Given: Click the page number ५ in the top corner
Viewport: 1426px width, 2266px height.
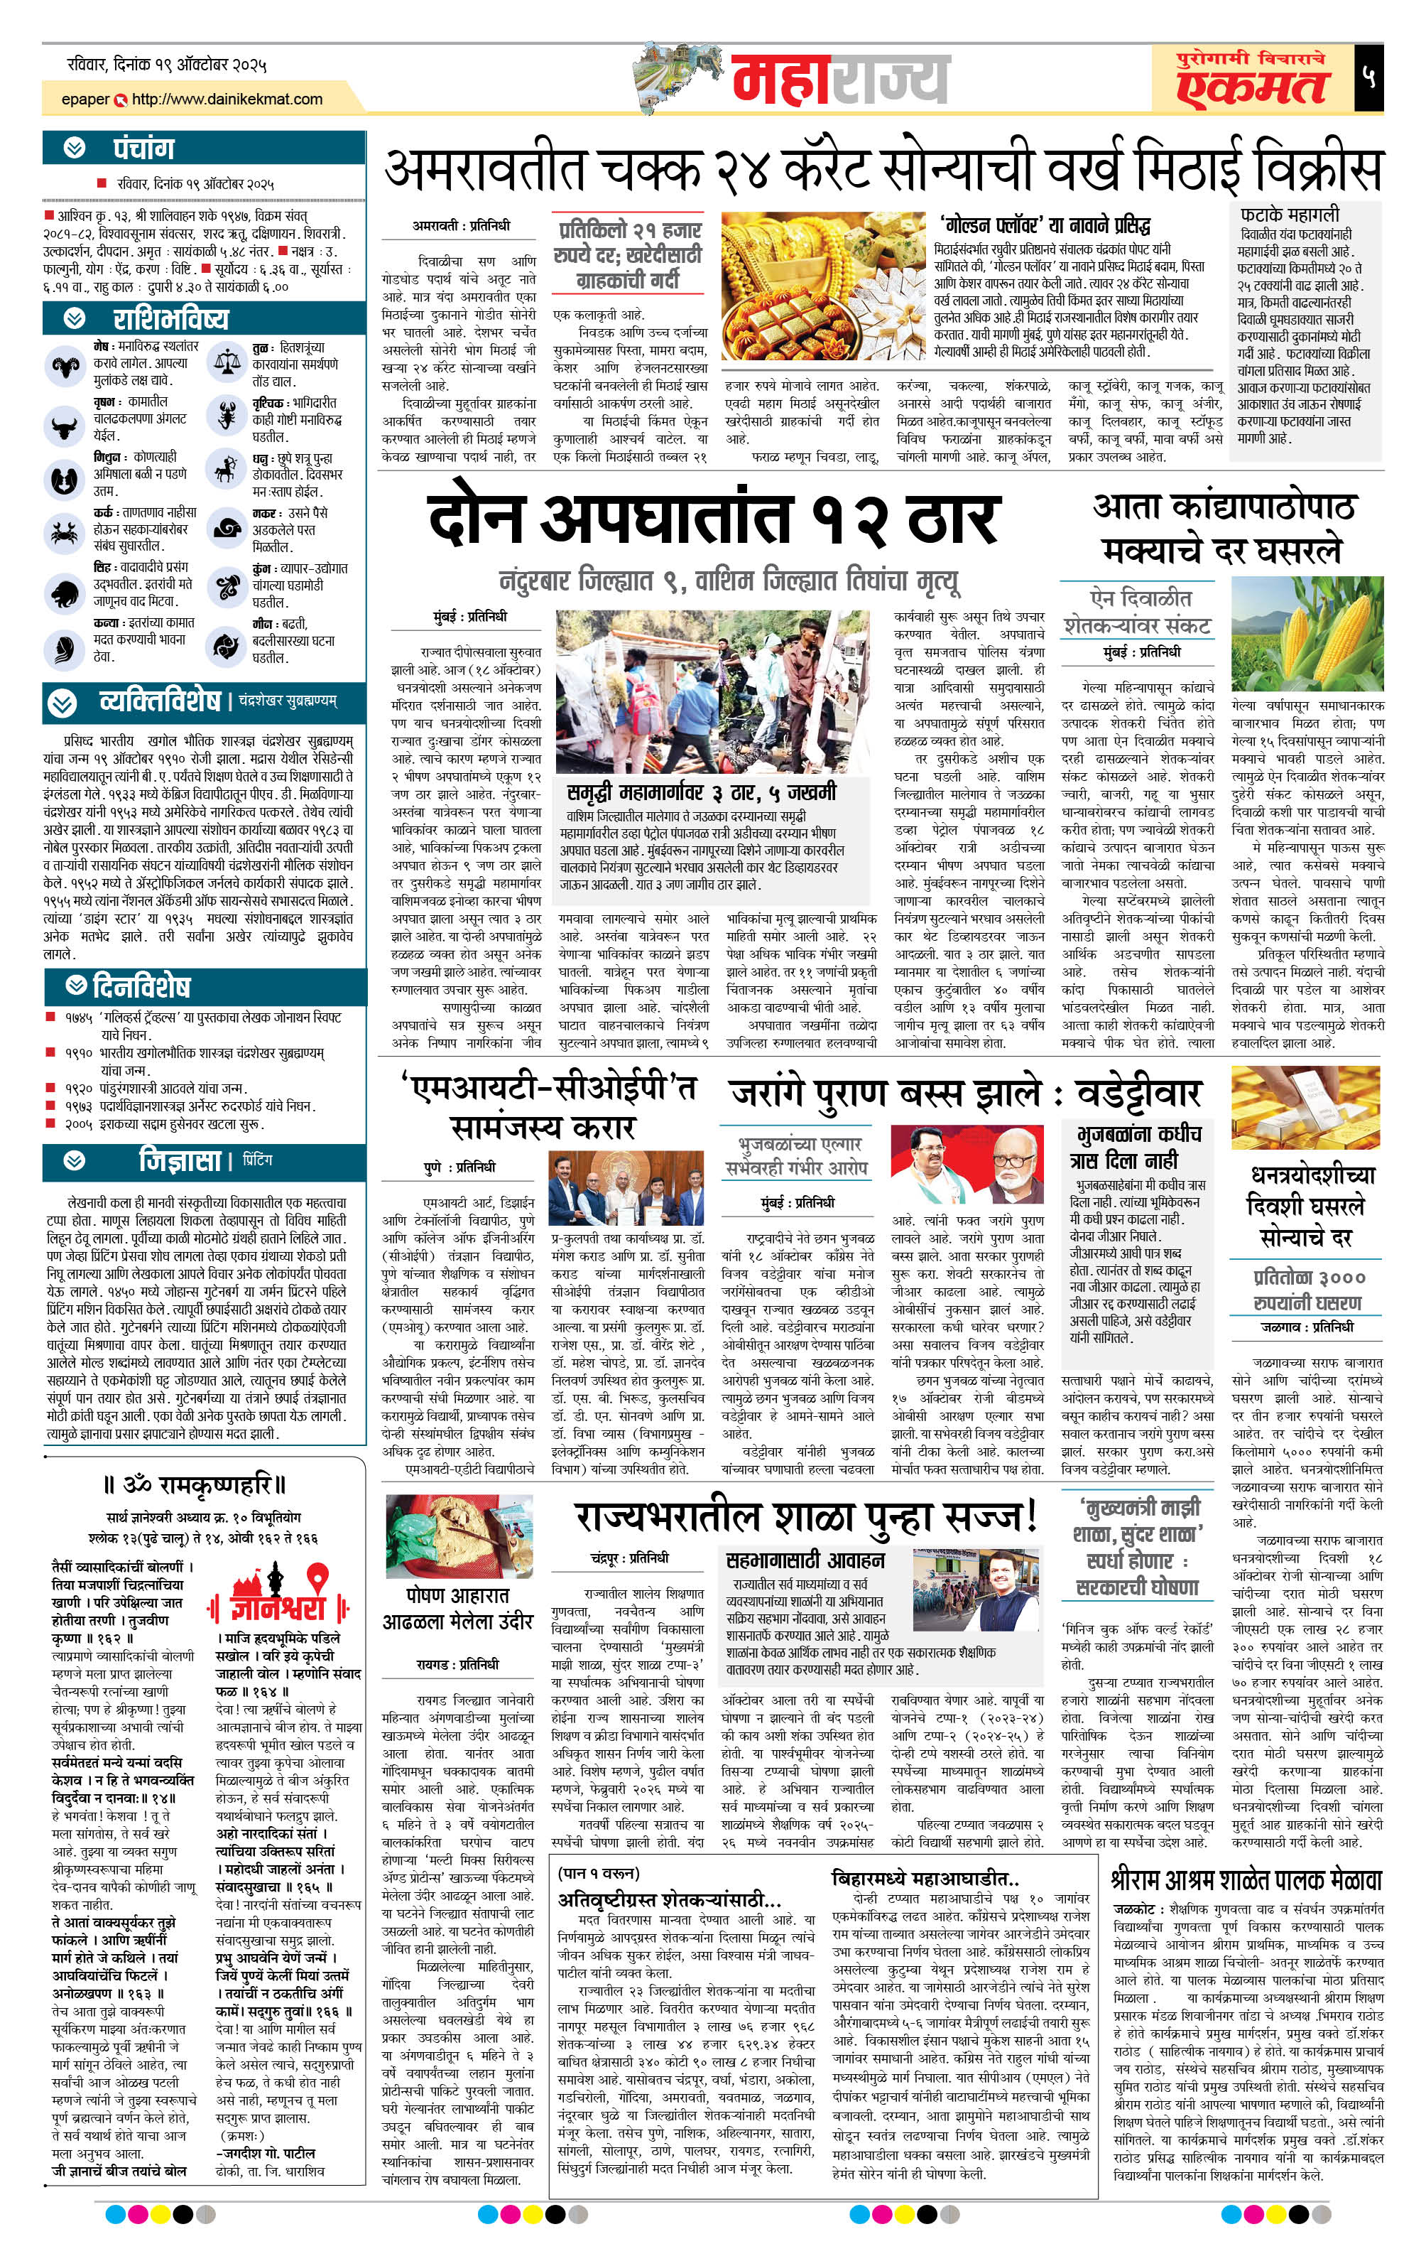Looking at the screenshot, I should click(1368, 77).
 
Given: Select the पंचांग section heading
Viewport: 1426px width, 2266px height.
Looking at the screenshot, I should click(143, 149).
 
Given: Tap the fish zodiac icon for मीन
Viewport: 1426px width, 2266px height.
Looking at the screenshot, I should click(226, 644).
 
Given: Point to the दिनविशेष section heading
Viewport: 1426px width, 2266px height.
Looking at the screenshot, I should click(141, 986).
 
